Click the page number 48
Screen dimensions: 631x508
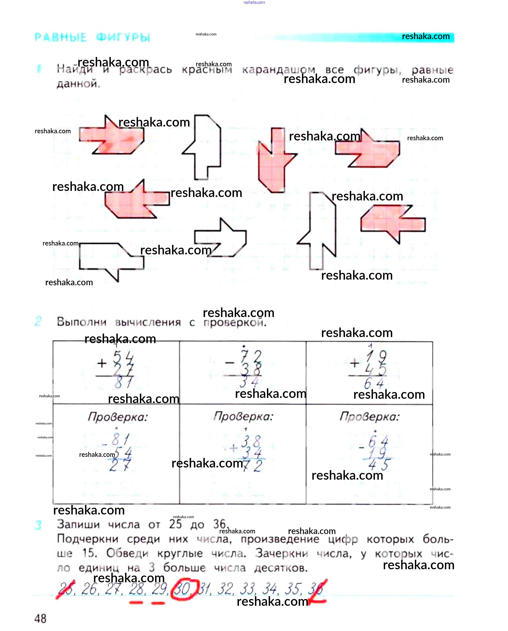[x=40, y=618]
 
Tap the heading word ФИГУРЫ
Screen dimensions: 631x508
[x=123, y=37]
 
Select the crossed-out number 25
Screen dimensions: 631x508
[x=66, y=589]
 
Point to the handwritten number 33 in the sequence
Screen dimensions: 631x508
[x=247, y=589]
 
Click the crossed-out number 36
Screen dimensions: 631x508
[x=316, y=589]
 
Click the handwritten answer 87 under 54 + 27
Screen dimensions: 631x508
[x=123, y=382]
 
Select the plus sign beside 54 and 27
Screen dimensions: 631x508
[x=102, y=364]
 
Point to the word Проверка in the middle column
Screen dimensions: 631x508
[x=243, y=416]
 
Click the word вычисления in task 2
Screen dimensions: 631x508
[x=148, y=322]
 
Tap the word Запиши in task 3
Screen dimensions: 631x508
[x=78, y=524]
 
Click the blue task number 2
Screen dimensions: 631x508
[x=38, y=321]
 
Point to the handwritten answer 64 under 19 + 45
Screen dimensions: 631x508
[x=374, y=383]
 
